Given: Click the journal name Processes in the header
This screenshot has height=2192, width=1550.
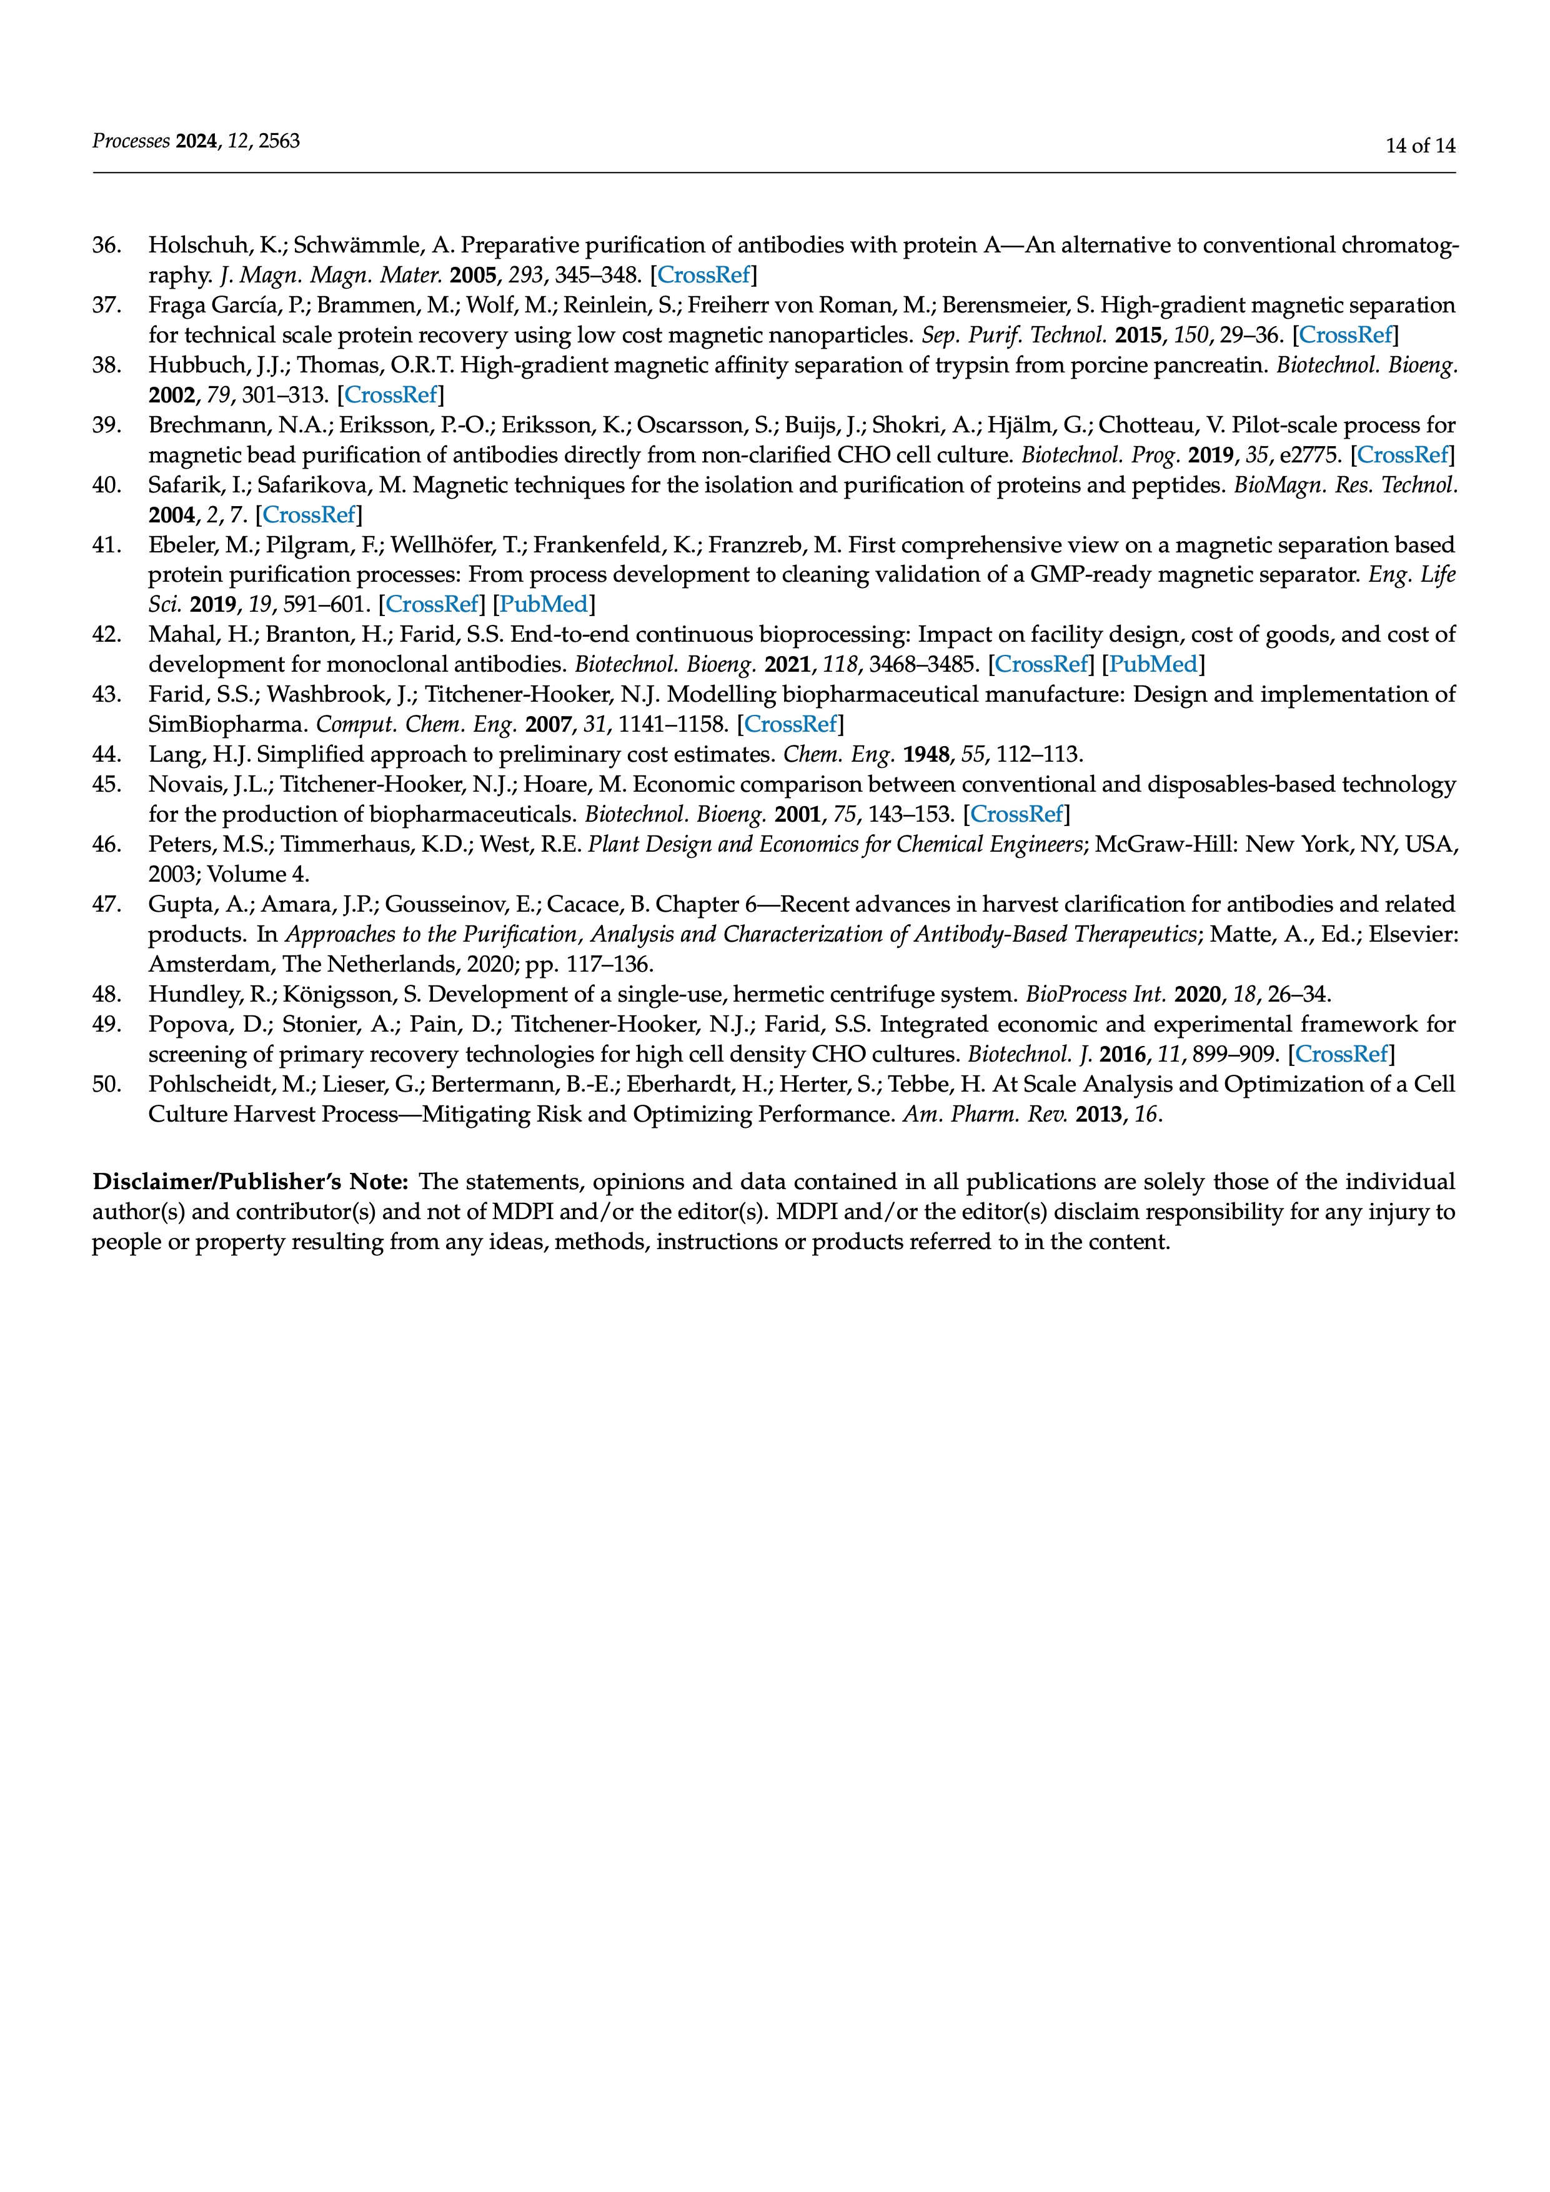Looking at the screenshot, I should (131, 141).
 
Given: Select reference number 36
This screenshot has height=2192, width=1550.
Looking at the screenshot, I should (106, 246).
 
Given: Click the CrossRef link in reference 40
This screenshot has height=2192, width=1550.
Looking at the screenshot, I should (308, 516).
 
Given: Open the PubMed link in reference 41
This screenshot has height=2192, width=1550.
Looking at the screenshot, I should (543, 604).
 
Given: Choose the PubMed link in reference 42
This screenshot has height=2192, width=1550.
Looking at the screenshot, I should (1153, 664).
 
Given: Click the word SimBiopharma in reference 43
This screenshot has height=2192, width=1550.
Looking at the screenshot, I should (227, 725).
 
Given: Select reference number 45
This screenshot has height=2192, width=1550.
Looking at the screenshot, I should (106, 785).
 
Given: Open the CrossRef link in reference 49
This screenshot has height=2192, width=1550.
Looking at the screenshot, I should (1341, 1055).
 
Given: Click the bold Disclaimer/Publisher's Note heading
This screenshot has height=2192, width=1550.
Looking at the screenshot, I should (250, 1183).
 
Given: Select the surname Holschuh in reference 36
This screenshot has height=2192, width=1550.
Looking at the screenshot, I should (197, 246).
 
